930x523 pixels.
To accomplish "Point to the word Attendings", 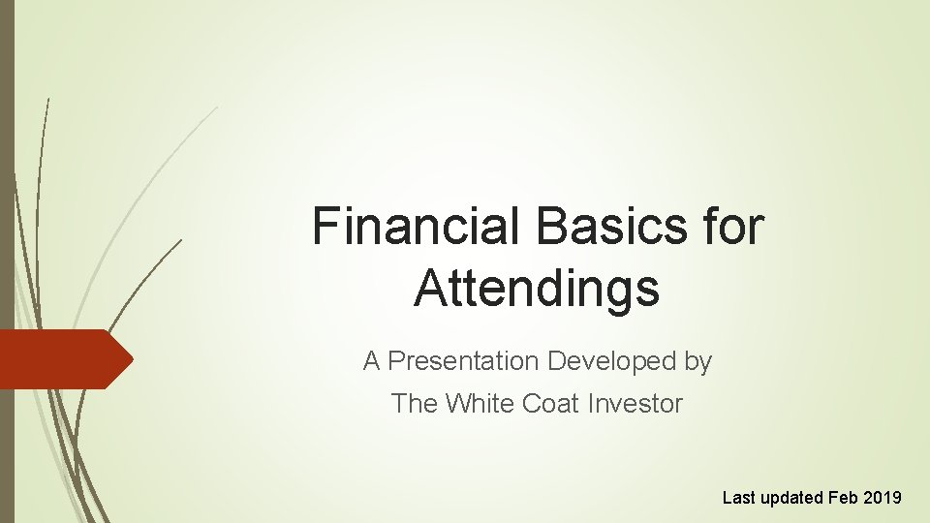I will (x=537, y=289).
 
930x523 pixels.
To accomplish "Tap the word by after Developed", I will (x=697, y=362).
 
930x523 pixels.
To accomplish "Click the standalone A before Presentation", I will (x=371, y=362).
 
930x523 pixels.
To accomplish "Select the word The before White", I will (x=414, y=404).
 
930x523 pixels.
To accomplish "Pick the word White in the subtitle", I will (x=480, y=404).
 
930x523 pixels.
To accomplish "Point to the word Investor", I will (x=635, y=404).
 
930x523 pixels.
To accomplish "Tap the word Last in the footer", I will (x=739, y=498).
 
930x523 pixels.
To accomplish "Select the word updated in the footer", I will (x=792, y=498).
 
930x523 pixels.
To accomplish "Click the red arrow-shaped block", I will (x=58, y=359).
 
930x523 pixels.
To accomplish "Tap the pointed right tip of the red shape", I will (x=131, y=359).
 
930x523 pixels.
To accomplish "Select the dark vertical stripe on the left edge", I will (x=7, y=194).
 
